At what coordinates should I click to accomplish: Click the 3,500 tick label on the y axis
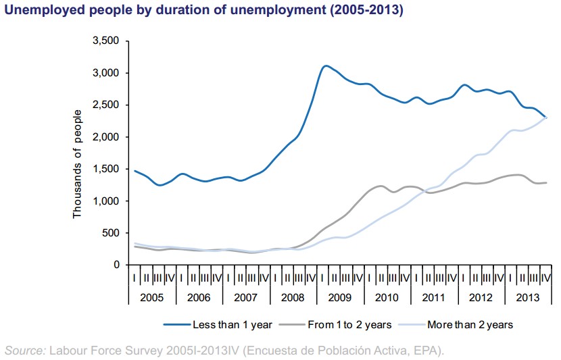[105, 41]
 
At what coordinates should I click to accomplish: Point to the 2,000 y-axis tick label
[105, 137]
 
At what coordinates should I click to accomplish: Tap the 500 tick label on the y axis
[111, 233]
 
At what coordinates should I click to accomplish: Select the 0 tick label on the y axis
[116, 265]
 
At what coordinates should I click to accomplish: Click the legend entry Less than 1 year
[232, 325]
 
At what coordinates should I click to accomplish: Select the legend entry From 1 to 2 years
[349, 325]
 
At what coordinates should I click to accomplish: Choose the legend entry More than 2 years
[470, 325]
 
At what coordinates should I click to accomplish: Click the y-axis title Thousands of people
[77, 163]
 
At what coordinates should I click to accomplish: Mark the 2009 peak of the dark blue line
[326, 66]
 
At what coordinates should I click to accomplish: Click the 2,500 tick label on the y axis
[105, 105]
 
